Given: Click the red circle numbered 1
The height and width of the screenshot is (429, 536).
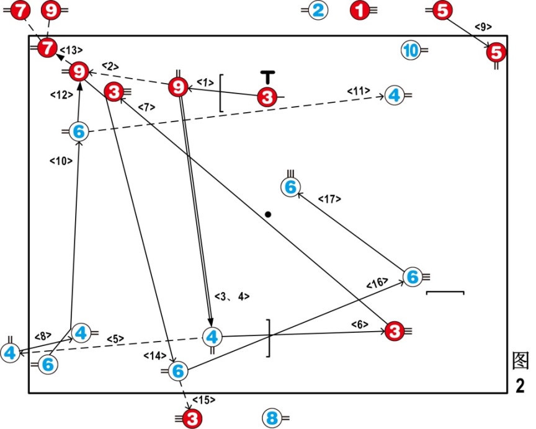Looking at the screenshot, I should point(359,11).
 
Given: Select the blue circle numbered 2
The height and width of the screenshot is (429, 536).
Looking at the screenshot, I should point(318,11).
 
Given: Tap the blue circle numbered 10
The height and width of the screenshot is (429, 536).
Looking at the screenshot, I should point(409,50).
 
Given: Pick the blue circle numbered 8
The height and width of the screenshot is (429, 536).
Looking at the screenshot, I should point(270,418).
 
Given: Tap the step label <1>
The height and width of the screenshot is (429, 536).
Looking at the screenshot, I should point(205,82).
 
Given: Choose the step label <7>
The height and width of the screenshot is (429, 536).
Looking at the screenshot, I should point(146,107).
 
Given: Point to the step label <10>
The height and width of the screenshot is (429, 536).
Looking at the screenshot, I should point(60,161).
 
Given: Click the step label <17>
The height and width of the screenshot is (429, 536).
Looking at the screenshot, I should point(329,199).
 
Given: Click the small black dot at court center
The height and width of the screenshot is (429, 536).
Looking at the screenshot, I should point(268,214).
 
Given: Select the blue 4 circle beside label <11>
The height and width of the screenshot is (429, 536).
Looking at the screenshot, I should point(394,95).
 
